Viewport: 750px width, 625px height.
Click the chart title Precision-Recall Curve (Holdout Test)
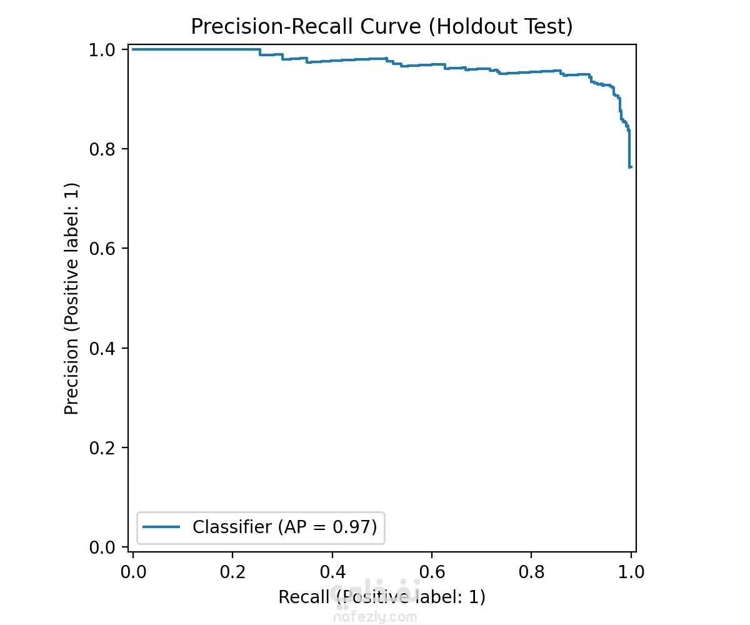click(x=381, y=27)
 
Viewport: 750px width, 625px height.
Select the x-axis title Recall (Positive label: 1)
click(x=381, y=597)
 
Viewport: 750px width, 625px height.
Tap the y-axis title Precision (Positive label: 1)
click(x=72, y=299)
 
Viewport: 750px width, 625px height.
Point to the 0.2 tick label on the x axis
click(x=232, y=571)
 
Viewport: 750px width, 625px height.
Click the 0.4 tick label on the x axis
click(x=332, y=571)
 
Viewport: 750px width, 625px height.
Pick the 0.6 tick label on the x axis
click(x=431, y=571)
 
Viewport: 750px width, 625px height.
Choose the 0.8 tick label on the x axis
click(x=531, y=571)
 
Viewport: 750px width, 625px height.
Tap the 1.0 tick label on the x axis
click(x=630, y=571)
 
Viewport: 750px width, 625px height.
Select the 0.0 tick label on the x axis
click(x=133, y=571)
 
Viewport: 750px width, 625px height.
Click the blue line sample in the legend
click(x=162, y=527)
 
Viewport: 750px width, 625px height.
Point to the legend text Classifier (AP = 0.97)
click(x=284, y=527)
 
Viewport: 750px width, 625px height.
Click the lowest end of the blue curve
click(x=629, y=167)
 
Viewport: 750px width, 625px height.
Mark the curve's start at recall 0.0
click(x=134, y=49)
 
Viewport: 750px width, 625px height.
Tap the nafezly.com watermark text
click(x=375, y=617)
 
